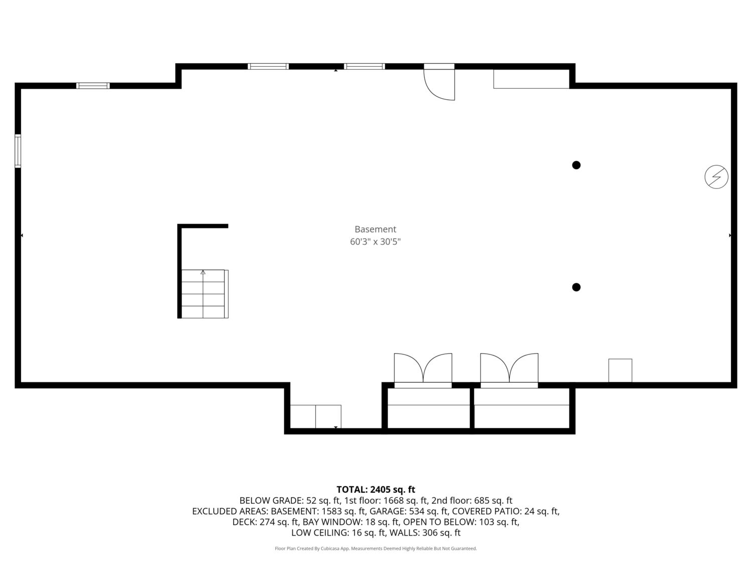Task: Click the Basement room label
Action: (x=375, y=229)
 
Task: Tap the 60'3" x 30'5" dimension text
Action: (x=375, y=242)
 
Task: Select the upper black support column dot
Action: (x=576, y=165)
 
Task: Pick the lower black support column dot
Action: (x=576, y=287)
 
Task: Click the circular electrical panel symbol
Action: (x=716, y=176)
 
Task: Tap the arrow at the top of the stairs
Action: (x=203, y=272)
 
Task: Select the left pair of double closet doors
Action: (x=423, y=368)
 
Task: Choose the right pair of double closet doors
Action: (x=509, y=368)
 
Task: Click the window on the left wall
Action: (x=18, y=151)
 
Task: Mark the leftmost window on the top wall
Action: (x=93, y=86)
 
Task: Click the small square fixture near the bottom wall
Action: (x=620, y=370)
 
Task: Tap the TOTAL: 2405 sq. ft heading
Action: (x=376, y=489)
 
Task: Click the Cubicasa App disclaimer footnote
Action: (x=376, y=548)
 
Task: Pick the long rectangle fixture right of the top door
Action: (x=531, y=79)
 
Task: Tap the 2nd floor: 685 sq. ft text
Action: (x=472, y=501)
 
